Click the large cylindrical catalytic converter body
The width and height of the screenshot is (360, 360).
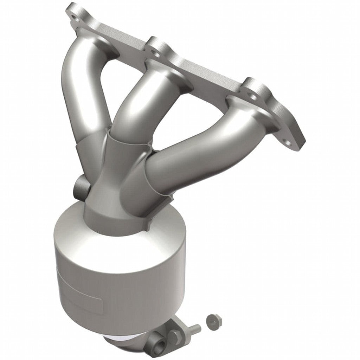120,271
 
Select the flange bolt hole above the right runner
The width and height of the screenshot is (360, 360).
252,95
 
